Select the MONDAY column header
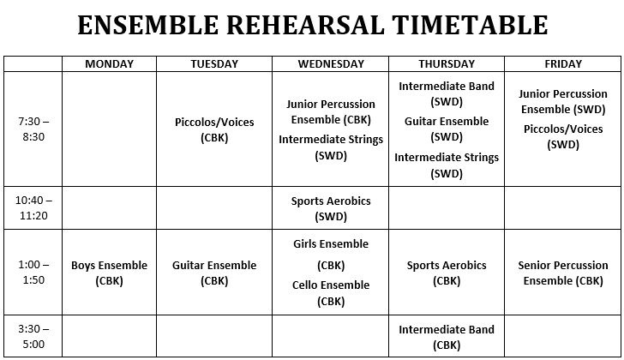click(x=110, y=64)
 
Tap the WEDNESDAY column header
click(x=331, y=64)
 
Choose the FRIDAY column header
click(x=563, y=64)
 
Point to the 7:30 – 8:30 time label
click(x=33, y=129)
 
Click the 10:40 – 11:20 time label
click(x=33, y=207)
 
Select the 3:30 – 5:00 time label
click(x=33, y=337)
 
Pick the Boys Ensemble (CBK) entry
click(x=110, y=273)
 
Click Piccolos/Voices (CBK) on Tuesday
click(x=214, y=129)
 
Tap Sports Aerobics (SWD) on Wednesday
click(x=331, y=208)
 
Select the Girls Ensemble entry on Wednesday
click(x=331, y=255)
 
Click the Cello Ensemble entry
click(x=331, y=293)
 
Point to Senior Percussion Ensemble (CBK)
click(x=563, y=273)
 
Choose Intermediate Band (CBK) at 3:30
click(x=447, y=338)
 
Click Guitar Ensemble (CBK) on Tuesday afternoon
click(x=214, y=273)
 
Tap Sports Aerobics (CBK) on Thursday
click(x=447, y=273)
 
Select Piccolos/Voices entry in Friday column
click(x=563, y=136)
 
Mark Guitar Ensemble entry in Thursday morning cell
click(x=447, y=129)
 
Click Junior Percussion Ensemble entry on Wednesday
click(x=331, y=111)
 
